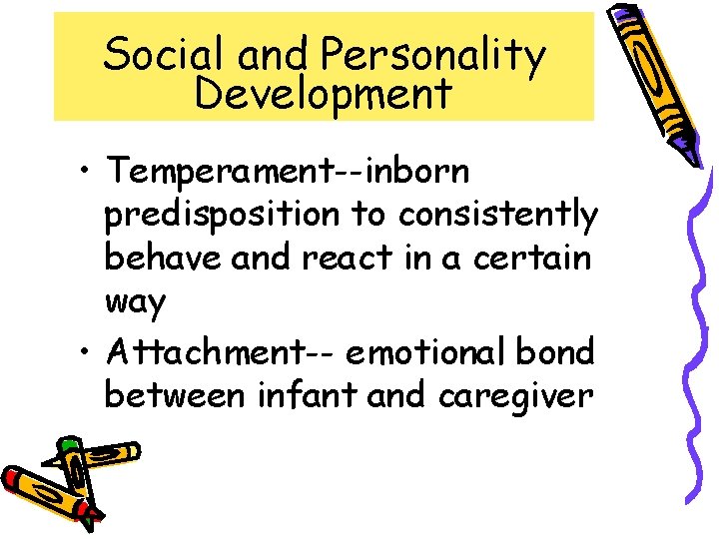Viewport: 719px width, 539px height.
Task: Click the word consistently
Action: tap(498, 214)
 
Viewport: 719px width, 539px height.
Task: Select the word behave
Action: tap(163, 258)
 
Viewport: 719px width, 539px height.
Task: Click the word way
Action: tap(135, 302)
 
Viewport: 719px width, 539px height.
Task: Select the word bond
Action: tap(560, 351)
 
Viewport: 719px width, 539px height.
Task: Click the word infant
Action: tap(308, 395)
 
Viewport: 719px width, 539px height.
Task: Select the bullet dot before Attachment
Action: tap(90, 353)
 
